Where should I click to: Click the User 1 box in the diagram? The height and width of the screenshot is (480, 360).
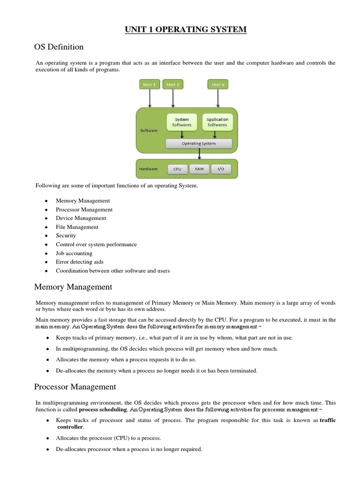[x=150, y=84]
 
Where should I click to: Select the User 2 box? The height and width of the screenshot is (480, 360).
[x=173, y=84]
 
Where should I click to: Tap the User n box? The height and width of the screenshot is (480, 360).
[x=218, y=84]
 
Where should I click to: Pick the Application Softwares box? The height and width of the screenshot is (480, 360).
[x=217, y=122]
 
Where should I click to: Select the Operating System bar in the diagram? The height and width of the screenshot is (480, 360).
[x=199, y=143]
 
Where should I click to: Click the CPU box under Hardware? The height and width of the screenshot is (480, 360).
[x=177, y=169]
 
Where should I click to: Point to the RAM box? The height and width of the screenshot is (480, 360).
[x=200, y=169]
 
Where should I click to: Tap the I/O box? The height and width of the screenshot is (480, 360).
[x=221, y=169]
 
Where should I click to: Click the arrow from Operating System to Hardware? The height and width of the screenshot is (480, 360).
[x=199, y=154]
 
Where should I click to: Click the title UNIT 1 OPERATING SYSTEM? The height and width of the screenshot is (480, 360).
[x=185, y=30]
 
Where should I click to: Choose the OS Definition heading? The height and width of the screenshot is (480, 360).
[x=59, y=47]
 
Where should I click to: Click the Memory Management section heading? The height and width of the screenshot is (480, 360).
[x=73, y=286]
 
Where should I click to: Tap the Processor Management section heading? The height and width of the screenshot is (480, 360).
[x=75, y=387]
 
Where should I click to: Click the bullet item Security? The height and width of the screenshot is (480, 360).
[x=66, y=236]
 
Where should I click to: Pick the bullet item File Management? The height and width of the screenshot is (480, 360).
[x=77, y=227]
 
